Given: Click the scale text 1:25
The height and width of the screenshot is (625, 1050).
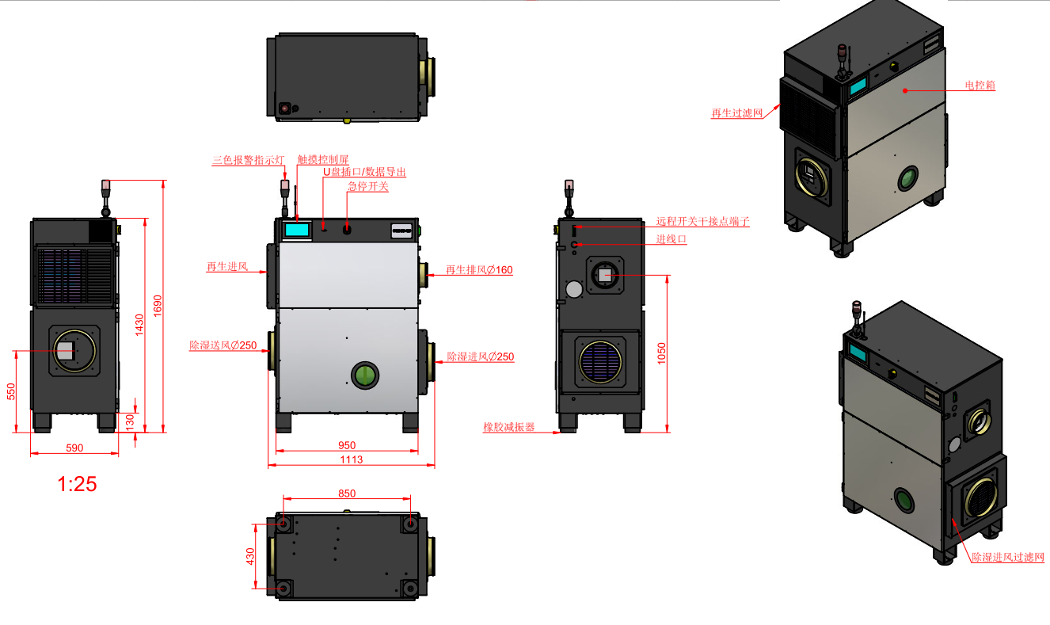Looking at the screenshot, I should pos(77,483).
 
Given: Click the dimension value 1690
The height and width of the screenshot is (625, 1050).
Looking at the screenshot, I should pos(157,304).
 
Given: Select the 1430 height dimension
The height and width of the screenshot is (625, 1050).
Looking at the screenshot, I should pos(139,324).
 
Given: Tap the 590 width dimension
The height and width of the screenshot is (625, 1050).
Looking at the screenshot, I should pos(74,448).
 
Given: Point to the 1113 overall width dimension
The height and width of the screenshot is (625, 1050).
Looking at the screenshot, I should pos(351,459).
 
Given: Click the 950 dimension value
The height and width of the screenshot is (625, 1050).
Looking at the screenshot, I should pos(347,445).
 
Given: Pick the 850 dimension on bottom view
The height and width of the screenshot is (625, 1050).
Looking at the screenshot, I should pos(347,493).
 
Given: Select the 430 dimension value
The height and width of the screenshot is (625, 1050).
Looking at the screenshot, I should pos(249,556).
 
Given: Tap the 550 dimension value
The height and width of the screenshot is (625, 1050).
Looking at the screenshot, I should pos(11,391).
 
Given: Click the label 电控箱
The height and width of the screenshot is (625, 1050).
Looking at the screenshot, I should pos(979,86).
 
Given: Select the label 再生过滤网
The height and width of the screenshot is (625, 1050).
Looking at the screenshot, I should pos(736,114).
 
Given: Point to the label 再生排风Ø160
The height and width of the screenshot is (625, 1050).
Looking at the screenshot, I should pos(479,270).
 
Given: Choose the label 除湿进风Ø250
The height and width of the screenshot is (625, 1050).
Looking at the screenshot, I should pos(481,357).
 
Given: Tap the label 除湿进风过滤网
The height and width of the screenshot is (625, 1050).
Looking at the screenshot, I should pos(1007,558).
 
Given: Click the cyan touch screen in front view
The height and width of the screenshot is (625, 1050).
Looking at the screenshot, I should pos(297,230).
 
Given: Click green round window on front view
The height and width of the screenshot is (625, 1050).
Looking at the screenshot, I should pos(365,375).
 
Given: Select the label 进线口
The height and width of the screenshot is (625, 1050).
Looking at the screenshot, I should pos(671,239).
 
